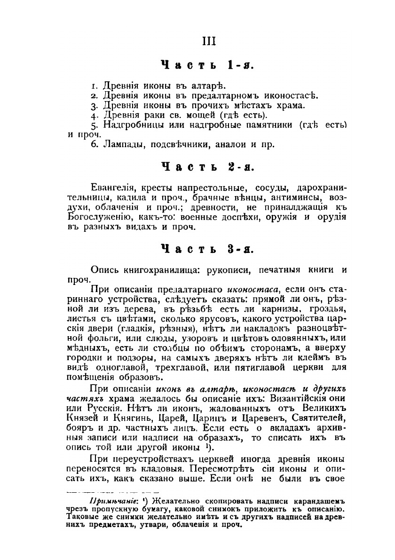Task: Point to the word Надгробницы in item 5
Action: tap(133, 126)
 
